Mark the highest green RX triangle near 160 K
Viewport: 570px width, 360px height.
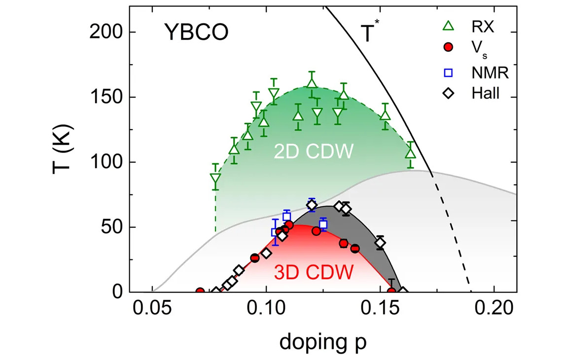pos(311,83)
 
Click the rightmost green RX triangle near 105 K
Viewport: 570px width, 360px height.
pos(411,153)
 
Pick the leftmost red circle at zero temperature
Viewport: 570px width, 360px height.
pos(200,292)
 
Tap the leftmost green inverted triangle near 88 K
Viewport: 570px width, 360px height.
pos(215,180)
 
